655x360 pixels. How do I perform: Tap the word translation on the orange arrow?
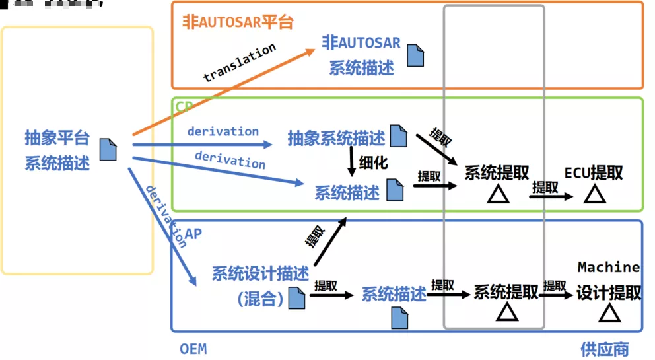pos(239,63)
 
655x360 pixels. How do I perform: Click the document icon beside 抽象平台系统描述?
pos(108,149)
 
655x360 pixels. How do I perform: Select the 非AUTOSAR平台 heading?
pos(238,21)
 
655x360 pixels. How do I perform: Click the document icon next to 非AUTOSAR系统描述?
pos(415,55)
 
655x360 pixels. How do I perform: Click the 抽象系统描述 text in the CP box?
pos(336,139)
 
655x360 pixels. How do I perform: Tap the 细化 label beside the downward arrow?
pos(372,162)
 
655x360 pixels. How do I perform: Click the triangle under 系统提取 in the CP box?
pos(497,194)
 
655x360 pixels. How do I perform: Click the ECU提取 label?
pos(594,173)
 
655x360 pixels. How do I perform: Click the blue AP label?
pos(193,234)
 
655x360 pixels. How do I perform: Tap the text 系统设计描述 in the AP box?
pos(260,273)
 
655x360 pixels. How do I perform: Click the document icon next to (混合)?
pos(296,299)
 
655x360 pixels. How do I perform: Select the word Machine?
pos(608,267)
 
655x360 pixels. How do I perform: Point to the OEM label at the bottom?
pos(193,348)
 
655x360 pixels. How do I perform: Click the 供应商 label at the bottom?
pos(604,348)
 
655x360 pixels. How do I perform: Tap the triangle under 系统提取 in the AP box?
pos(506,312)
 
